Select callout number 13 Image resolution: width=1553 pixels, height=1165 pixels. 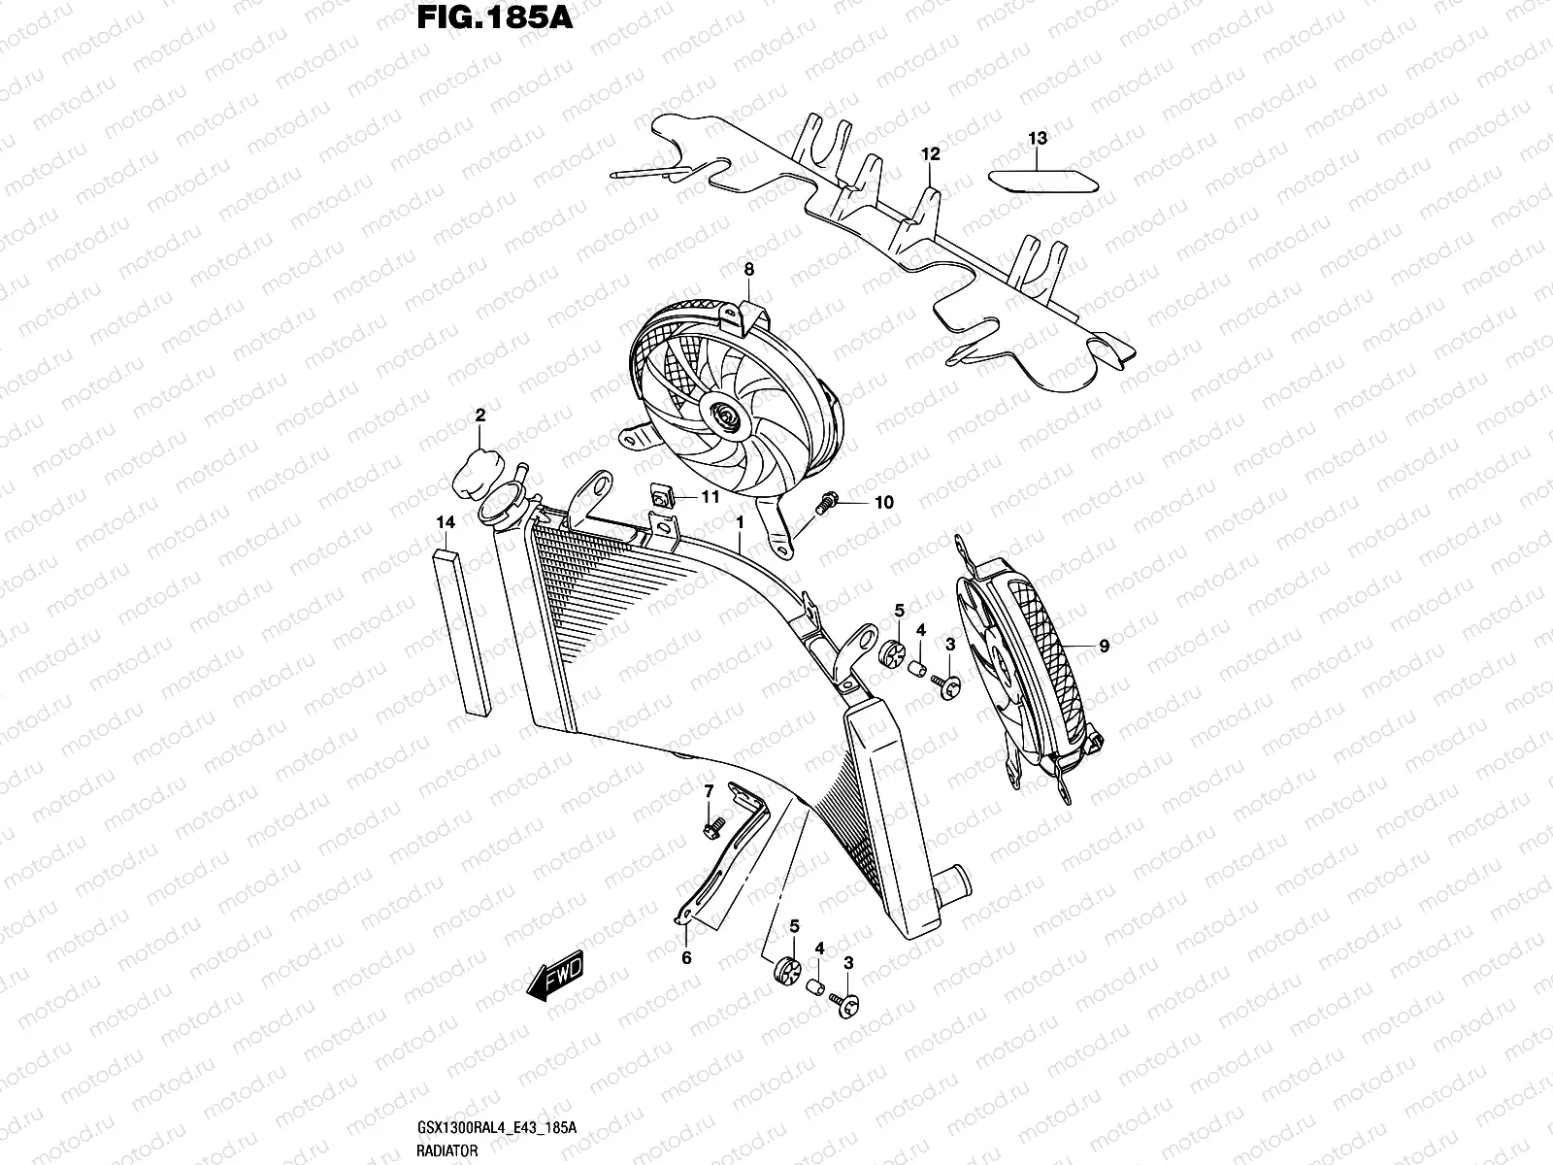coord(1038,139)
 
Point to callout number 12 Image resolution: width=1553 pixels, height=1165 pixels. coord(931,153)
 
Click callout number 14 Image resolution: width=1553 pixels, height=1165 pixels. coord(445,523)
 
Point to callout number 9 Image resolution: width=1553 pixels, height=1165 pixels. coord(1104,645)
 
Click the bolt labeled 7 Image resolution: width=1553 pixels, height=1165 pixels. coord(708,826)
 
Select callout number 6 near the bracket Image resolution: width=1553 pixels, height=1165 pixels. coord(685,957)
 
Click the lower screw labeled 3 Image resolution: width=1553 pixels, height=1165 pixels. coord(846,1010)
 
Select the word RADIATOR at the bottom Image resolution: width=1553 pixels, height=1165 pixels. coord(447,1149)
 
